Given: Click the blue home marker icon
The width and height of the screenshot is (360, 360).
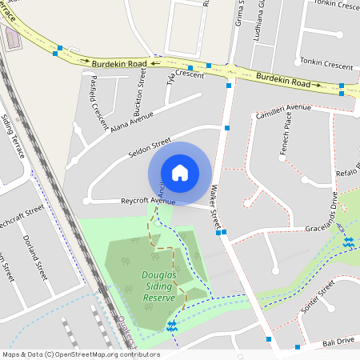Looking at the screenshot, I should [x=180, y=172].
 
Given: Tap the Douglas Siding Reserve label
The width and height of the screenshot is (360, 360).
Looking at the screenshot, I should [x=158, y=287].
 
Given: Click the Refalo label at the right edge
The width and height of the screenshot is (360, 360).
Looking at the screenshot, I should [x=346, y=174].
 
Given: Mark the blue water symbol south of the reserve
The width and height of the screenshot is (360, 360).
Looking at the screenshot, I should [x=171, y=324].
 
